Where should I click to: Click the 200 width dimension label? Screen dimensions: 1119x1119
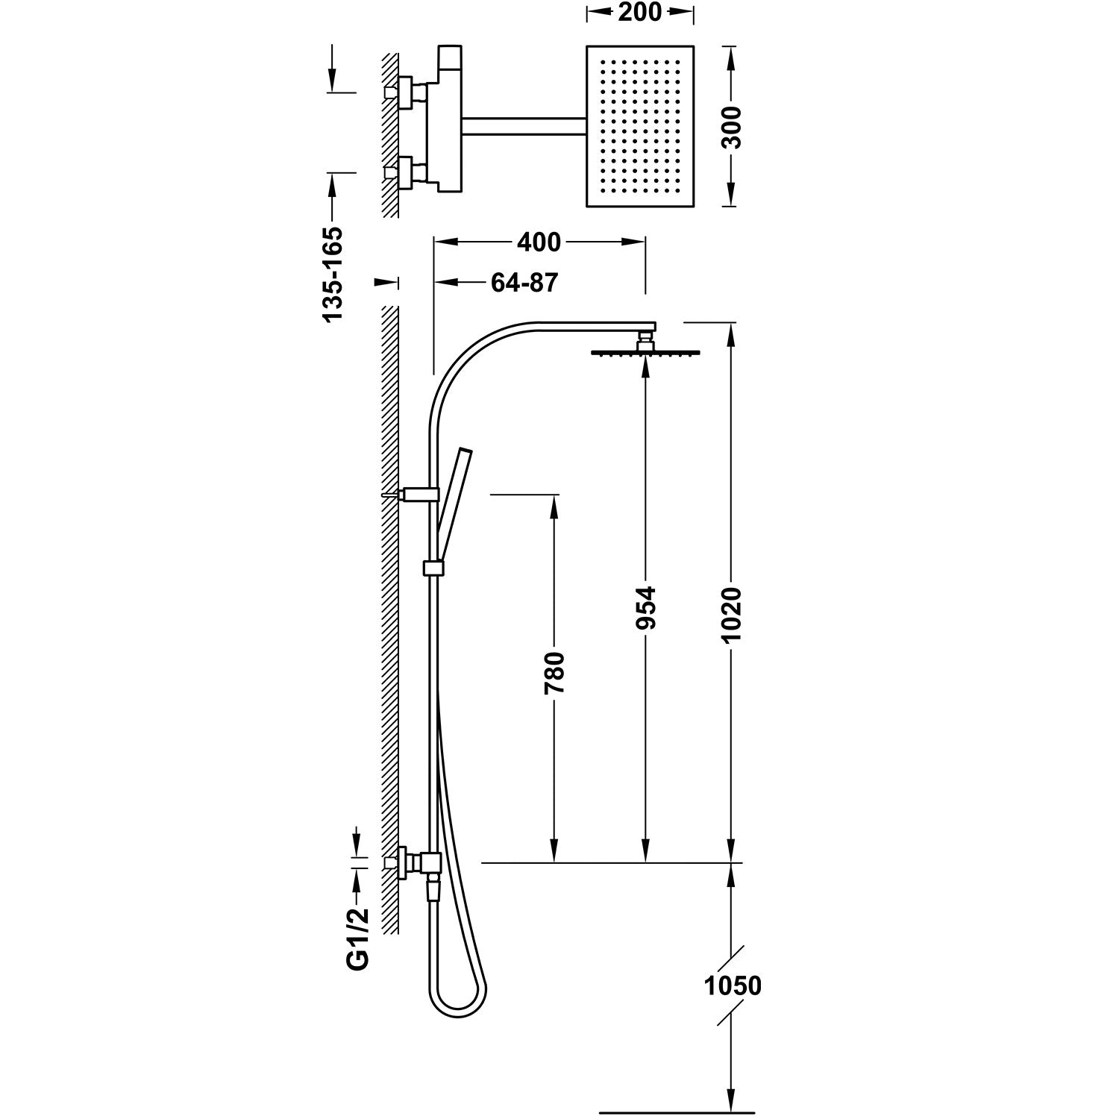tap(640, 13)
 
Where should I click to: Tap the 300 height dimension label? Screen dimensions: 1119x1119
tap(733, 128)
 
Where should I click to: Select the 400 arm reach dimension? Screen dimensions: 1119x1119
tap(539, 242)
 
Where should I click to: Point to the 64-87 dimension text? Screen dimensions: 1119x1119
tap(524, 283)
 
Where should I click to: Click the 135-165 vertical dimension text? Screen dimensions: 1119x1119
tap(333, 275)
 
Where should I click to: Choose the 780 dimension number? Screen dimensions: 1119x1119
tap(555, 673)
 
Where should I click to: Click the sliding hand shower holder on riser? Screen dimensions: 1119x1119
tap(432, 568)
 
